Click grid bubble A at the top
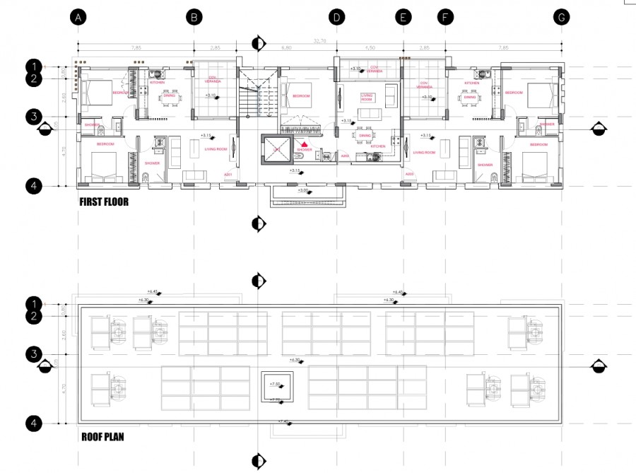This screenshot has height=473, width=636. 78,17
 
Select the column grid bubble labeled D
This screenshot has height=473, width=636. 336,17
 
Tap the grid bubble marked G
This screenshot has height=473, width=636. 561,17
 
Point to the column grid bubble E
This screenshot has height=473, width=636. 403,17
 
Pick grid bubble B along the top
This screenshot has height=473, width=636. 194,17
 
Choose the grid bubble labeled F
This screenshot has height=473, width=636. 444,17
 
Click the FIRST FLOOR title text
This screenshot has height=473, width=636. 103,202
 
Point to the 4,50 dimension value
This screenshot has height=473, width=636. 370,48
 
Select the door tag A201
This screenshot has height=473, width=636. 228,174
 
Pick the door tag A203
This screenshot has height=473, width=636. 409,174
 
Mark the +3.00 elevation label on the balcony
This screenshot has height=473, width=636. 303,190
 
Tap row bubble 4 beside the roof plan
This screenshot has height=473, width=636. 33,424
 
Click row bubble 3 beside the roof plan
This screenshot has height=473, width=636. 33,354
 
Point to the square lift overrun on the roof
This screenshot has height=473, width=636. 275,387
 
